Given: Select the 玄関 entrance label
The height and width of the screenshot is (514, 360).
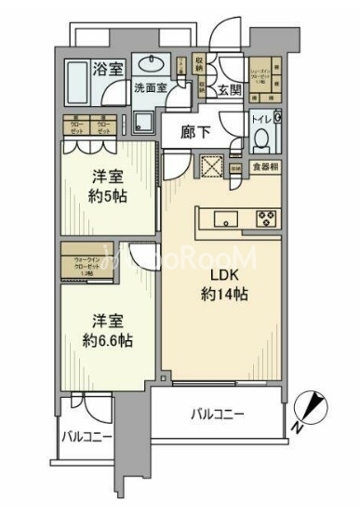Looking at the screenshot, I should point(230,90).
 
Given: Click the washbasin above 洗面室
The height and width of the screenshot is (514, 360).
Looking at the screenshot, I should point(152,67).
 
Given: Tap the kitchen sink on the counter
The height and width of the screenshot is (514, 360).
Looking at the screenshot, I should point(225,219).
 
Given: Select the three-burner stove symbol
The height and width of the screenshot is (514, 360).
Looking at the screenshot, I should point(265,219).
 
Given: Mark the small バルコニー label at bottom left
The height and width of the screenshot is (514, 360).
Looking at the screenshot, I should point(87,436).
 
